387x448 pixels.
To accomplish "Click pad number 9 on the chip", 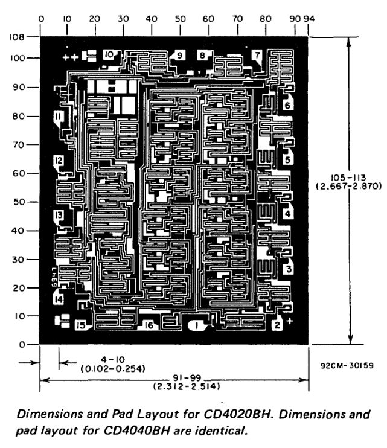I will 180,56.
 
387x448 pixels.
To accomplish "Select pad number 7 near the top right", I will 257,56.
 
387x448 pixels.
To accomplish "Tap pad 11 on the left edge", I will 58,116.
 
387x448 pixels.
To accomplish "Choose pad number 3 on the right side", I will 289,269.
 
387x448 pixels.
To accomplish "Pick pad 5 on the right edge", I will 288,161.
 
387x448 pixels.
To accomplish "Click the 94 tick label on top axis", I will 309,19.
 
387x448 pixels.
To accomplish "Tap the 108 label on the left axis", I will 16,36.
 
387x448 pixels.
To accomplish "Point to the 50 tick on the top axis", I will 181,19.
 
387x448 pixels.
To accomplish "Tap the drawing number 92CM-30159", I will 351,365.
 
